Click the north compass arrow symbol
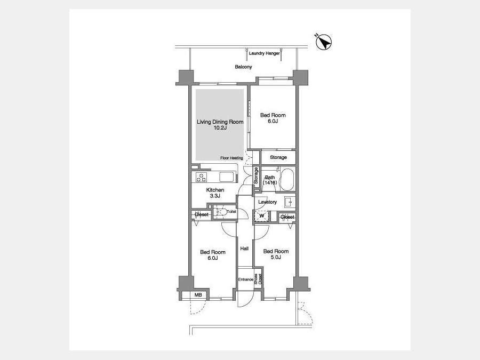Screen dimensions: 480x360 tap(324, 42)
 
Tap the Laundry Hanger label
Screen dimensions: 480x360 tap(264, 53)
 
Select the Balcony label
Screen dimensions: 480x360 tap(243, 67)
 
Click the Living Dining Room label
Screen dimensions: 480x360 tap(220, 122)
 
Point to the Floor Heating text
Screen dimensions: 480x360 tap(231, 158)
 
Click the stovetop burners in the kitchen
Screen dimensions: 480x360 tap(201, 177)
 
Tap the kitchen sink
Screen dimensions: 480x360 tap(227, 177)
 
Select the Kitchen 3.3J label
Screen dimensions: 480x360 tap(215, 193)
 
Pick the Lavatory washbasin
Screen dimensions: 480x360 tap(289, 202)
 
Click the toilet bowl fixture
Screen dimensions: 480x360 tap(220, 212)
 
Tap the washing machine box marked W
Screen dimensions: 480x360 tap(262, 216)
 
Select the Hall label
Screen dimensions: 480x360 tap(244, 249)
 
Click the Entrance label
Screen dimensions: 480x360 tap(246, 279)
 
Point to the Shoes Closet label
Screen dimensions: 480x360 tap(258, 279)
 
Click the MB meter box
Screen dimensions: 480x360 tap(198, 295)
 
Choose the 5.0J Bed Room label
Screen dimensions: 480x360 tap(276, 254)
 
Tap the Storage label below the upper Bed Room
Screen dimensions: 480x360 tap(278, 157)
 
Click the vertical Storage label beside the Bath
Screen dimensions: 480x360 tap(256, 175)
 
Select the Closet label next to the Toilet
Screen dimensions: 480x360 tap(202, 214)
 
